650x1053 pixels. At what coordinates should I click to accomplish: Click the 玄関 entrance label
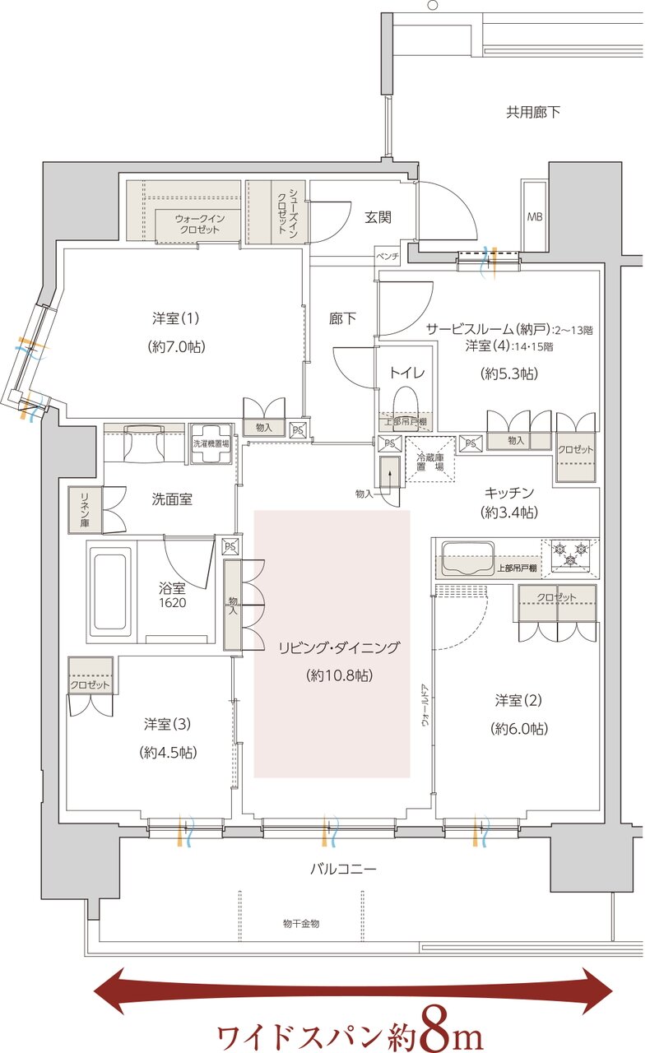[378, 217]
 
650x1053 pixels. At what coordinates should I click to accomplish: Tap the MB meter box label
[534, 217]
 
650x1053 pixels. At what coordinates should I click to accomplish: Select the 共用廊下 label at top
[532, 112]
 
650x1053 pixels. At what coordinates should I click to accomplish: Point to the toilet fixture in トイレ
[406, 403]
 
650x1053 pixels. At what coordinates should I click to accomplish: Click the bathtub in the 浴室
[109, 589]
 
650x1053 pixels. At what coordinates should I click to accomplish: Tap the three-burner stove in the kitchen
[570, 553]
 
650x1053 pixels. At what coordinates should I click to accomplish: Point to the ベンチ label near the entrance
[388, 256]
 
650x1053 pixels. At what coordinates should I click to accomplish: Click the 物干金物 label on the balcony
[300, 923]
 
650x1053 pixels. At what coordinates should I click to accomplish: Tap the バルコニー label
[343, 869]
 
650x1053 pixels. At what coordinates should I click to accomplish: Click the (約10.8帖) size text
[338, 675]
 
